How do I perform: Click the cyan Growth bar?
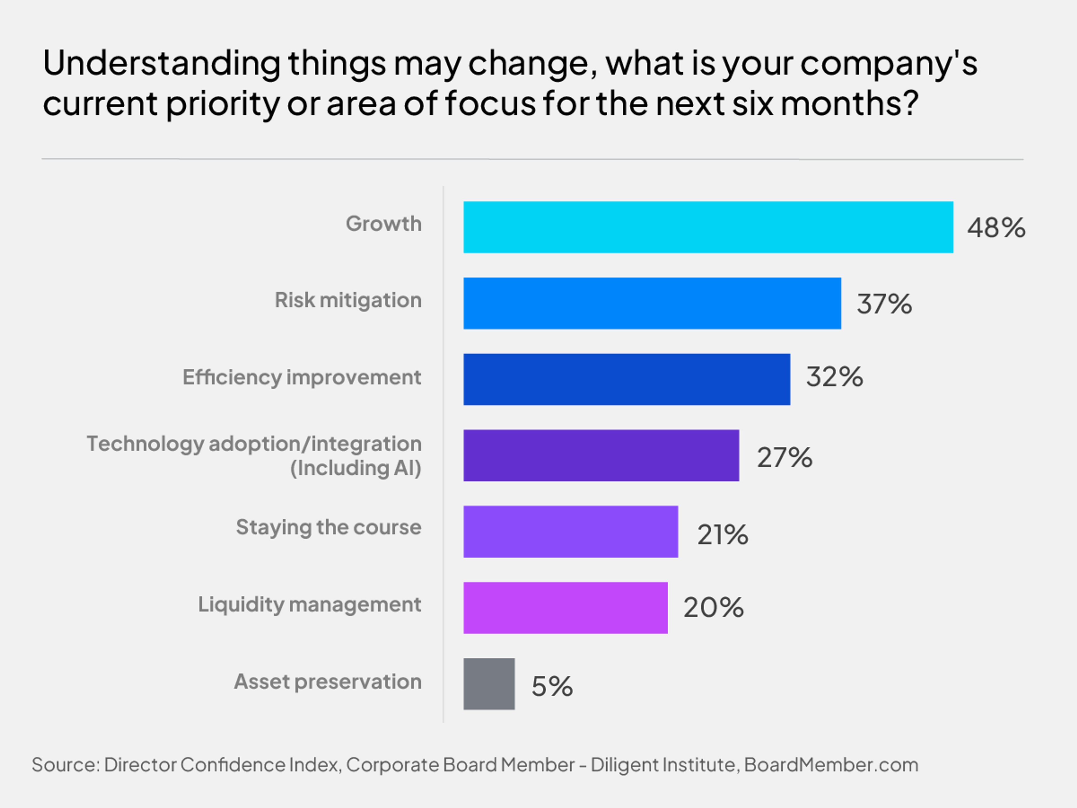708,227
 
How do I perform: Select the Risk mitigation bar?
652,304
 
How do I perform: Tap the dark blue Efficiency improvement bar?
627,379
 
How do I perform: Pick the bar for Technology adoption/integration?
601,455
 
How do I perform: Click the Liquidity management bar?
565,608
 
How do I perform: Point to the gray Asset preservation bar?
489,684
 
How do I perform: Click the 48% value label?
996,228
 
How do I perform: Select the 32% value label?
834,377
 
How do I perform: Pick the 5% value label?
552,686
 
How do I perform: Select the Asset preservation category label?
328,681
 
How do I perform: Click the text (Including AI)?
355,468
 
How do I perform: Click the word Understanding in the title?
161,64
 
